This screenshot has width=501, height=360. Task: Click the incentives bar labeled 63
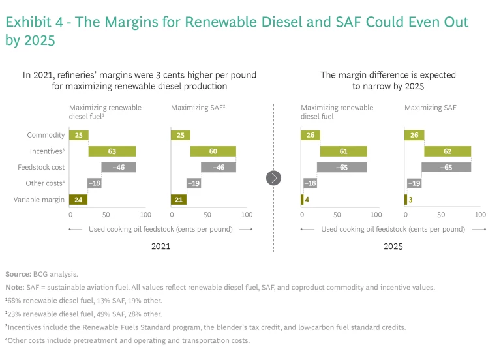(x=112, y=151)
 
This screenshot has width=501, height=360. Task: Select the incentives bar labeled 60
(x=213, y=151)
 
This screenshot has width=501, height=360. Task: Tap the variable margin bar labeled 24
(x=78, y=200)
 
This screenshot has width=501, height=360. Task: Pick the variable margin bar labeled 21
(x=178, y=200)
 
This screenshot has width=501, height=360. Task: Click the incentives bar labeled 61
(x=342, y=151)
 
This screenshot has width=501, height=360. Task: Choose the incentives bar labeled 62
(x=448, y=151)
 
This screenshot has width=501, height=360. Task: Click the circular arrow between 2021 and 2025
(x=274, y=177)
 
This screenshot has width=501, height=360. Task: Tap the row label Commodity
(x=46, y=135)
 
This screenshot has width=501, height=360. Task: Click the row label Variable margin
(x=40, y=200)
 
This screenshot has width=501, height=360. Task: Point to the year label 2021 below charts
(x=161, y=247)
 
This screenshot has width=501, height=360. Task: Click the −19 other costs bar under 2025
(x=414, y=183)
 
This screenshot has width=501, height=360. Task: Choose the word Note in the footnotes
(x=14, y=286)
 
